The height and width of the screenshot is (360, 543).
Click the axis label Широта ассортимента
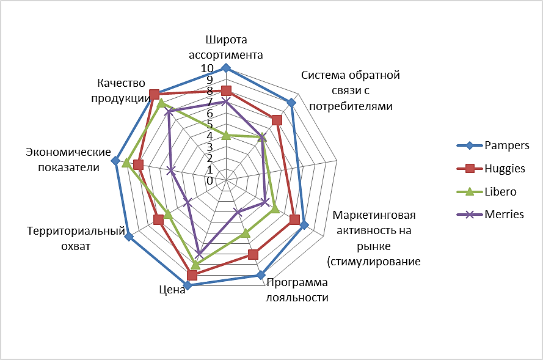(x=234, y=47)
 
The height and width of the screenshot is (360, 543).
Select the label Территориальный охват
(x=76, y=238)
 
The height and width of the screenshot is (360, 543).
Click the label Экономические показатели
(x=68, y=160)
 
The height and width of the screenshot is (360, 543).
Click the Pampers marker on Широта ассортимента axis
(x=226, y=68)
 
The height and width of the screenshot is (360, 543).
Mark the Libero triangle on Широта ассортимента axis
(x=226, y=135)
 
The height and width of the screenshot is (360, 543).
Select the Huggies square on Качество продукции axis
(x=155, y=94)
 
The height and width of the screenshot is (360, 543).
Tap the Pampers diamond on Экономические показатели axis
(x=115, y=161)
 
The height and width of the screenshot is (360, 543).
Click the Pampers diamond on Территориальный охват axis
(x=129, y=237)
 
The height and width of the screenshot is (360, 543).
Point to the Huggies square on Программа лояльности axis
(x=253, y=254)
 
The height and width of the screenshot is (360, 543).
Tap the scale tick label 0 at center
(x=210, y=181)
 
